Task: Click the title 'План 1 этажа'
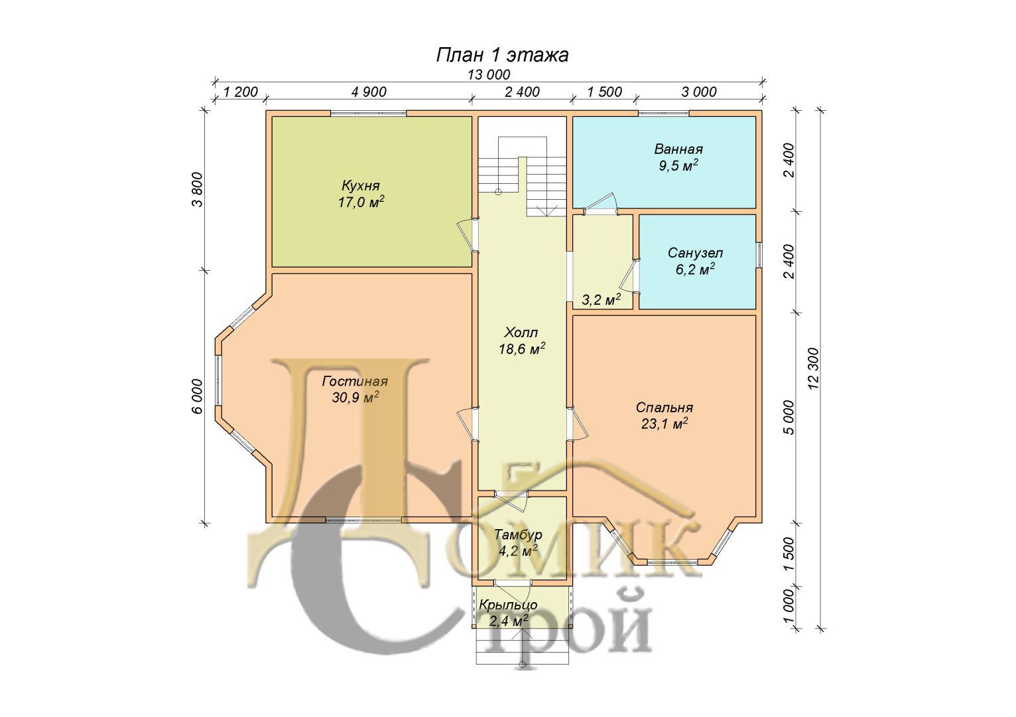[502, 55]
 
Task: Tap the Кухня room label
[361, 194]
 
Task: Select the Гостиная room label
[355, 389]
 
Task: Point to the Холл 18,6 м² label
[522, 341]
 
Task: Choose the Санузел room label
[695, 261]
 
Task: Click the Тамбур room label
[518, 542]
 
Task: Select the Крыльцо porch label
[509, 613]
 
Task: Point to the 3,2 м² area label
[602, 299]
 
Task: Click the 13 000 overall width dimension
[489, 74]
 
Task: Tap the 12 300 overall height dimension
[814, 368]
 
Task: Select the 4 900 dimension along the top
[369, 92]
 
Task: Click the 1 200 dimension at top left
[240, 92]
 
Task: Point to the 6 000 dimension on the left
[198, 396]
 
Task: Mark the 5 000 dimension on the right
[789, 418]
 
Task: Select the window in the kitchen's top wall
[368, 114]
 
